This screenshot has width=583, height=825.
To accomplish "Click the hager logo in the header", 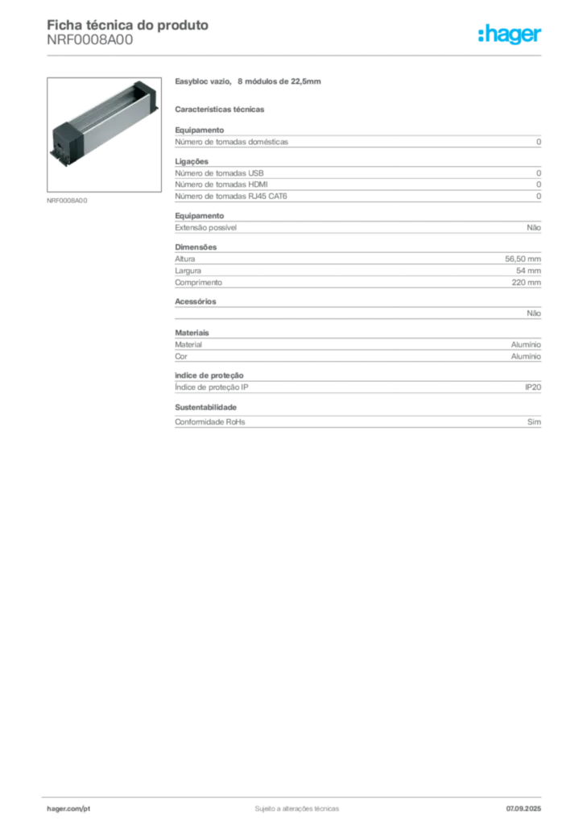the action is tap(510, 35).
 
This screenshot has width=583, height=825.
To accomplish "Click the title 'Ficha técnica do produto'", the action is tap(128, 25).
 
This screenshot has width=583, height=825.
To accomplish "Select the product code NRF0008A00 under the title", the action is tap(90, 40).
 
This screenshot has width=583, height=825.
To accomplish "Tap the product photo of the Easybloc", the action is tap(104, 135).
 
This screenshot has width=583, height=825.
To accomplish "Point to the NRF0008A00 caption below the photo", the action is tap(68, 201).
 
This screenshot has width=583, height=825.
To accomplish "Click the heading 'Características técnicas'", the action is tap(220, 110).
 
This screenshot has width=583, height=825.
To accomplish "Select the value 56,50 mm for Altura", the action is tap(523, 259).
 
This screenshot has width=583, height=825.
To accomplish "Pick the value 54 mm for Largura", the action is tap(528, 271).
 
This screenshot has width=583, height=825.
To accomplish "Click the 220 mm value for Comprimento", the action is tap(526, 283).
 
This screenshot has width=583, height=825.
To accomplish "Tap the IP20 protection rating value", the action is tap(533, 388).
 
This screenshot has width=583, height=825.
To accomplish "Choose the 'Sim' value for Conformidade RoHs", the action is tap(534, 422).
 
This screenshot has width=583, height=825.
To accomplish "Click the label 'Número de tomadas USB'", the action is tap(219, 173).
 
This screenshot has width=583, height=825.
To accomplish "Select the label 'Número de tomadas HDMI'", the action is tap(221, 184).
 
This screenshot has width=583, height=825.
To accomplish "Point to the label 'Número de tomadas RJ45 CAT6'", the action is tap(231, 197).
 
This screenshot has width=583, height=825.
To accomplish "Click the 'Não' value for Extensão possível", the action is tap(534, 228).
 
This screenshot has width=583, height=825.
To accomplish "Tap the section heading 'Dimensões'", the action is tap(196, 247).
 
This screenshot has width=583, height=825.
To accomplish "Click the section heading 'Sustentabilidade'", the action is tap(205, 407).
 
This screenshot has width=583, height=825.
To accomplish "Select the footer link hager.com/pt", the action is tap(68, 809).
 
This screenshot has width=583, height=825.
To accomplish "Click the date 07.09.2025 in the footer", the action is tap(523, 809).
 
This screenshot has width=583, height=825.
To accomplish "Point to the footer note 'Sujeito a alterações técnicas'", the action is tap(297, 809).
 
